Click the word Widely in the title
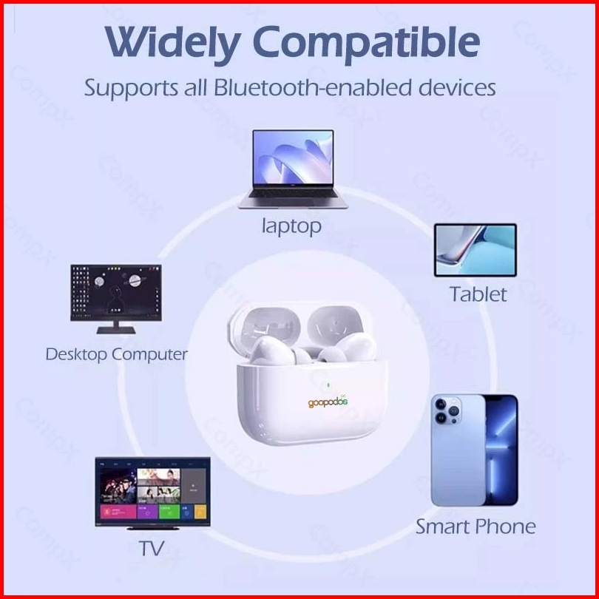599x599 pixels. tap(172, 42)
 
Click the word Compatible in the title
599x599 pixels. tap(365, 43)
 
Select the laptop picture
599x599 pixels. tap(293, 169)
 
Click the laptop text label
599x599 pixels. tap(291, 226)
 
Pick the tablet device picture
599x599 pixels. tap(476, 250)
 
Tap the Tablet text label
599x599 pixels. tap(478, 294)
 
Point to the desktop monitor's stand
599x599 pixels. tap(116, 328)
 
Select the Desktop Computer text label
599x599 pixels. tap(117, 354)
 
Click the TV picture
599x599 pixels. tap(153, 493)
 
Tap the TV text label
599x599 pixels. tap(152, 548)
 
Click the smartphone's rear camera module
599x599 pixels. tap(447, 410)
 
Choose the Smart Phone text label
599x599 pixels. tap(476, 527)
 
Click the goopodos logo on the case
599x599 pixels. tap(328, 402)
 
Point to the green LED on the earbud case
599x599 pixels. tap(327, 385)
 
